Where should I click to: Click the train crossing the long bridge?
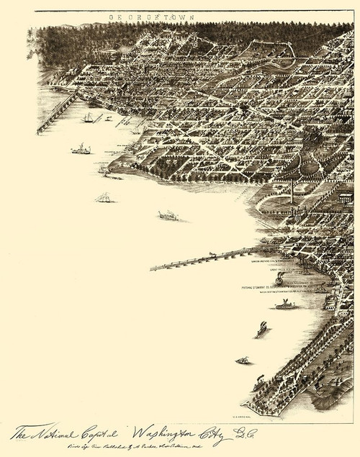(x=213, y=255)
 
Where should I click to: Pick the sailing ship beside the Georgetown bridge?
(x=88, y=117)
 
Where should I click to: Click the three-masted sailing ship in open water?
(x=104, y=197)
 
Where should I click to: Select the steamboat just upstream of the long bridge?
(x=168, y=214)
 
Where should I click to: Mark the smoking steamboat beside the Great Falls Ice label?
(x=280, y=278)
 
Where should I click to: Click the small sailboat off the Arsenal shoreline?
(x=243, y=360)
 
